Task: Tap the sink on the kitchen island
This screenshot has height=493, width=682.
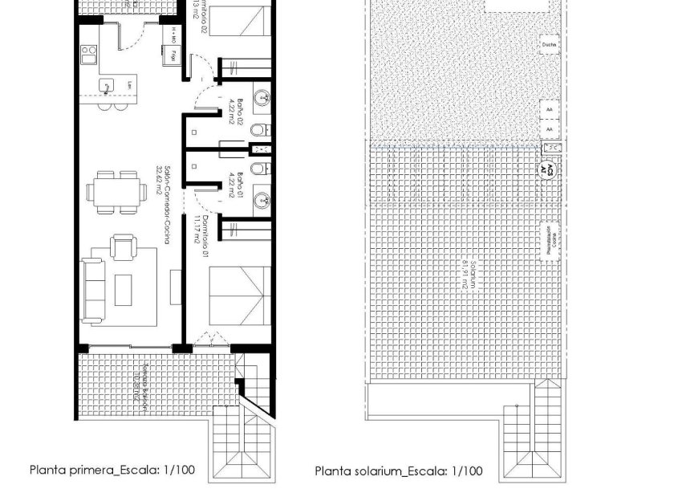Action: (105, 84)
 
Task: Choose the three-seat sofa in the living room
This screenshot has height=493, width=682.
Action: (94, 290)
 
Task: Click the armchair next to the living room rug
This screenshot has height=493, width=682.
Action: (124, 246)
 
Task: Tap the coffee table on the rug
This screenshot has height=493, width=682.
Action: (123, 290)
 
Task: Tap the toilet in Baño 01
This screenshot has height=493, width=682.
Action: (257, 169)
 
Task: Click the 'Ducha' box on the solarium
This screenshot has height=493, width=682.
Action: (548, 46)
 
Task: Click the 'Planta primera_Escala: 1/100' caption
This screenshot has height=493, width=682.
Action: (112, 470)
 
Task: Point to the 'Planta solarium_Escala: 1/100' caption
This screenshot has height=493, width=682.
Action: (398, 471)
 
